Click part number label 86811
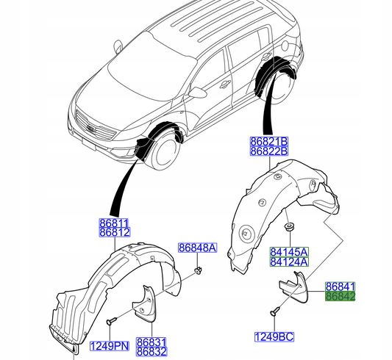pos(114,222)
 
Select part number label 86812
pos(114,233)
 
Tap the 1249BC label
pos(274,337)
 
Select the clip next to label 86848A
pos(199,273)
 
